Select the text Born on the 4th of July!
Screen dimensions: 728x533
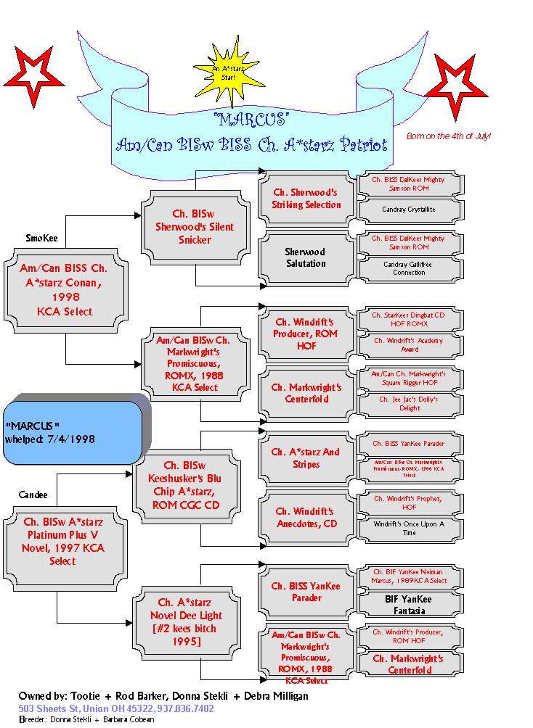448,136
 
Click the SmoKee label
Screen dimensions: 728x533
41,238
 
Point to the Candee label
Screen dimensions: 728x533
33,495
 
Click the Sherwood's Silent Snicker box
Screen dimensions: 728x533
194,227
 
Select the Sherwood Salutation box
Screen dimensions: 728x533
306,257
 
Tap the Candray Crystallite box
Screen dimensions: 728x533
409,209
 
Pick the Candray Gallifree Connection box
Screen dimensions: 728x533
409,268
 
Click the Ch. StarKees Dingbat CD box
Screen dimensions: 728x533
409,320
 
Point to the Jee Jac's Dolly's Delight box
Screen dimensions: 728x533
409,403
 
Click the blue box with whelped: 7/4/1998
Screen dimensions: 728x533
72,432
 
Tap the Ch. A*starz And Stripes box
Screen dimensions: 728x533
306,458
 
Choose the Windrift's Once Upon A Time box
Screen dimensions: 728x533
409,528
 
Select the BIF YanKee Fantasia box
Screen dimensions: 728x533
409,605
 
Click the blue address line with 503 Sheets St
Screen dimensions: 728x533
116,708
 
